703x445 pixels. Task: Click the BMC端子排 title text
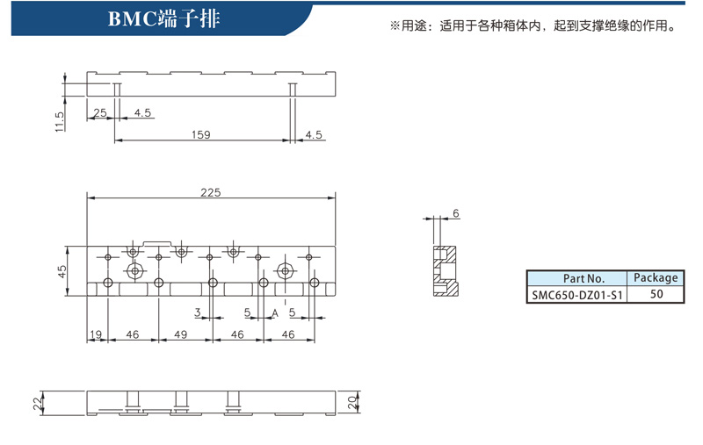click(x=164, y=18)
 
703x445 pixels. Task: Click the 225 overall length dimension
click(x=211, y=192)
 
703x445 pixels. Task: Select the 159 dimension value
click(x=201, y=134)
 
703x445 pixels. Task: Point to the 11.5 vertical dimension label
click(x=60, y=122)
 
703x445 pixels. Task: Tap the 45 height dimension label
click(x=62, y=271)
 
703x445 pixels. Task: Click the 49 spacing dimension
click(x=181, y=334)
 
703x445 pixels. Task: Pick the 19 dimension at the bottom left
click(x=96, y=334)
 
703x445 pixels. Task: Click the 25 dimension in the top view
click(x=100, y=112)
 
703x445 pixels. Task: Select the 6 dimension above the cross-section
click(x=456, y=213)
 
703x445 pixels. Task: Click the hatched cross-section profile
click(x=446, y=271)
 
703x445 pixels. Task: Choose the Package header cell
click(x=656, y=278)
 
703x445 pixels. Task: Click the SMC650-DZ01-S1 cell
click(x=577, y=295)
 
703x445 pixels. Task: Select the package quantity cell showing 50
click(x=656, y=294)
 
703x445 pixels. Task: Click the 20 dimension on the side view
click(x=352, y=403)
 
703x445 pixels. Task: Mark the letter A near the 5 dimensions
click(x=275, y=313)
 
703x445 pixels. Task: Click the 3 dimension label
click(x=197, y=312)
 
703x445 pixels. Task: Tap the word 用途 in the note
click(x=413, y=26)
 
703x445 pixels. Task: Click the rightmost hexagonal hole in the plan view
click(x=285, y=270)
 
